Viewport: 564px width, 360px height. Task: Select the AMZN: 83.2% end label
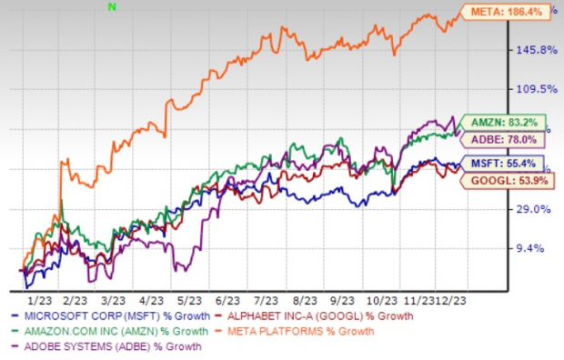(506, 122)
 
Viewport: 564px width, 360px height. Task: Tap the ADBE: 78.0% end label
(507, 139)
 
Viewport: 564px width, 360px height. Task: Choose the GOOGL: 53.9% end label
(508, 182)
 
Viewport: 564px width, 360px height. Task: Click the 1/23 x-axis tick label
(39, 298)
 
